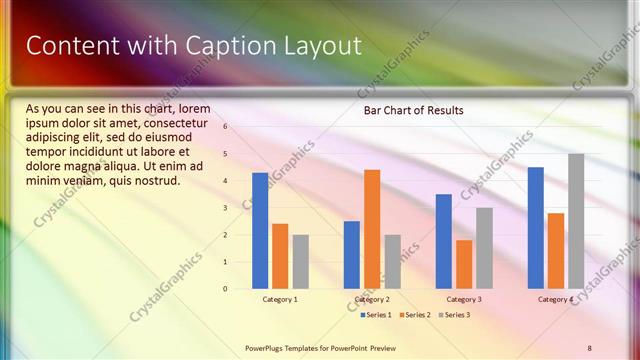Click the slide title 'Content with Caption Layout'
193,45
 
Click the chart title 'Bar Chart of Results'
412,110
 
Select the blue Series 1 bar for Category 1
260,230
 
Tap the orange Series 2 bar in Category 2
372,228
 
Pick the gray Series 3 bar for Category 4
576,221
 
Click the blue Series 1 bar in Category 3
444,241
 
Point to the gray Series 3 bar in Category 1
300,261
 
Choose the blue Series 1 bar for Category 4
536,227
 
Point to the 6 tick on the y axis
226,127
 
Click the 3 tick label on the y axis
226,208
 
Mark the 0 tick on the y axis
226,289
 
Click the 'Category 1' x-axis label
280,299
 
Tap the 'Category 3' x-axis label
464,299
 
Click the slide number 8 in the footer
589,347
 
